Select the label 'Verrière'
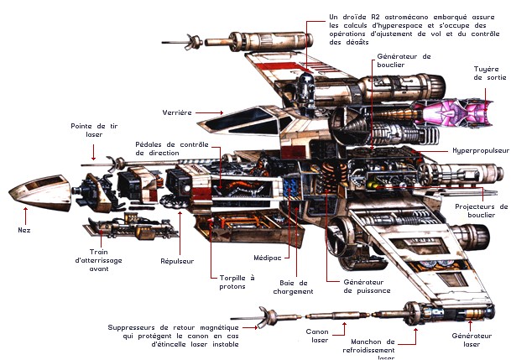click(x=179, y=112)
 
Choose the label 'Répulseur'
click(x=176, y=261)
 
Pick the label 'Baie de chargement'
click(x=292, y=287)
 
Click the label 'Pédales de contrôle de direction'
click(x=171, y=149)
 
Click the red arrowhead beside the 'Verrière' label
click(x=221, y=112)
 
